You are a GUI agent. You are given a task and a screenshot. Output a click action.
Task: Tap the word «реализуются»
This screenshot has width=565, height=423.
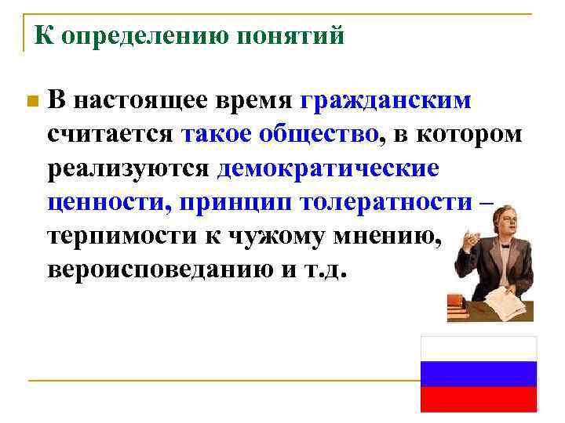coord(127,168)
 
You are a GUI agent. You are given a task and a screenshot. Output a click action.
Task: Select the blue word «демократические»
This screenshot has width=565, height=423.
coord(328,168)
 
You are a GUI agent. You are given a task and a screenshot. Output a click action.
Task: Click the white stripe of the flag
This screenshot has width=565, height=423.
coord(479,349)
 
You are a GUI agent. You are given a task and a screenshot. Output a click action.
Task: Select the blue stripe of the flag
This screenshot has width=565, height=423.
coord(479,374)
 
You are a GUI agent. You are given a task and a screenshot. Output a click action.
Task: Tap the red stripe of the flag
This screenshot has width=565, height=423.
coord(479,399)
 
